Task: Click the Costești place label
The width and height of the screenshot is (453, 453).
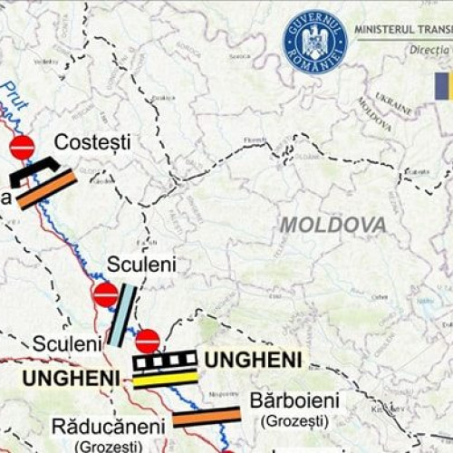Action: pyautogui.click(x=92, y=142)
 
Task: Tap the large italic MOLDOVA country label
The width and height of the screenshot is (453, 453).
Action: pyautogui.click(x=333, y=225)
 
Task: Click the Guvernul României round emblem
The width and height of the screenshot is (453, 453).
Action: pyautogui.click(x=315, y=43)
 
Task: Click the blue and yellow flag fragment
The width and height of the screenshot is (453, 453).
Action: pyautogui.click(x=443, y=87)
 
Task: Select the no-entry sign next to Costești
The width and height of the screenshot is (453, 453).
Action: pyautogui.click(x=22, y=148)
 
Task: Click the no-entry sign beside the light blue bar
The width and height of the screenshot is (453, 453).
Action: pyautogui.click(x=105, y=294)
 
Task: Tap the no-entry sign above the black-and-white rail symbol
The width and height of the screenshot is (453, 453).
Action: pyautogui.click(x=148, y=342)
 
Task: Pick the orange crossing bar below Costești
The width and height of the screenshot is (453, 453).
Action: pyautogui.click(x=45, y=190)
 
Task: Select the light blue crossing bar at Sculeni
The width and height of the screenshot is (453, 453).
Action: pyautogui.click(x=122, y=316)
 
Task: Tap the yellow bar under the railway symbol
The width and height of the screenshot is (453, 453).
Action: pyautogui.click(x=165, y=379)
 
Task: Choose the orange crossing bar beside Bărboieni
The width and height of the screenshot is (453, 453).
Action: pyautogui.click(x=207, y=417)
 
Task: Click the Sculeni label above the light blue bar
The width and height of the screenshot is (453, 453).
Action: pyautogui.click(x=141, y=265)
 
